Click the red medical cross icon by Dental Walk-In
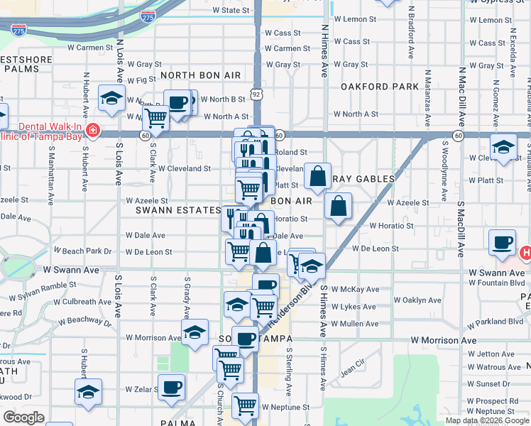[92, 131]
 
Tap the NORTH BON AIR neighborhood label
[200, 75]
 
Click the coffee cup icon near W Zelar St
[173, 388]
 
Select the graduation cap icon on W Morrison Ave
[194, 332]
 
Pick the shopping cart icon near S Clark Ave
[155, 118]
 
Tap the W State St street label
[231, 11]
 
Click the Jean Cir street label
[351, 371]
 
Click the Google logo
[23, 417]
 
